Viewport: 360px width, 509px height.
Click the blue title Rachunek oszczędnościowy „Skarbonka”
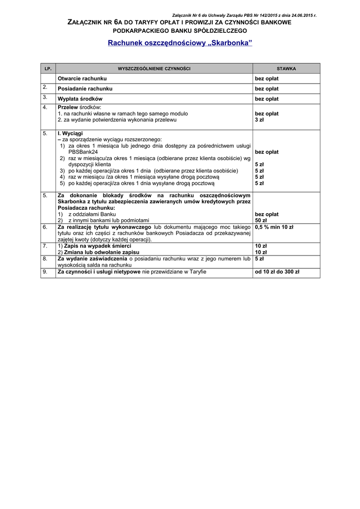click(x=180, y=43)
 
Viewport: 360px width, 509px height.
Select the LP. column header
click(x=48, y=68)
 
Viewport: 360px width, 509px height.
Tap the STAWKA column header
click(x=286, y=68)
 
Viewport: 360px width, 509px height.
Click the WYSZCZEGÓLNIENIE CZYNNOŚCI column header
click(x=154, y=68)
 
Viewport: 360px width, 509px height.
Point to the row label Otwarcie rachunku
click(x=82, y=79)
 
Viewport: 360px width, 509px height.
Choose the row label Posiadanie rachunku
click(x=85, y=88)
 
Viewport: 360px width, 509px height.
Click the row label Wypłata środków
click(x=80, y=99)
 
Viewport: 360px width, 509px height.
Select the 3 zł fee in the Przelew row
click(x=260, y=120)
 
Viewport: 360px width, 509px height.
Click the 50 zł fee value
click(x=261, y=220)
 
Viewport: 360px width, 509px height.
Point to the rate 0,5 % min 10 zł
click(x=274, y=227)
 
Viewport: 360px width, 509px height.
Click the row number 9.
click(x=45, y=271)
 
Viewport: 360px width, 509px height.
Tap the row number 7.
click(x=45, y=246)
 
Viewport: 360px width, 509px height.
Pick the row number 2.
click(x=45, y=87)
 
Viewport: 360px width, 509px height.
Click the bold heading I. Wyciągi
click(x=70, y=134)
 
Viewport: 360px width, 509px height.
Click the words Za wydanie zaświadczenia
click(x=92, y=259)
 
